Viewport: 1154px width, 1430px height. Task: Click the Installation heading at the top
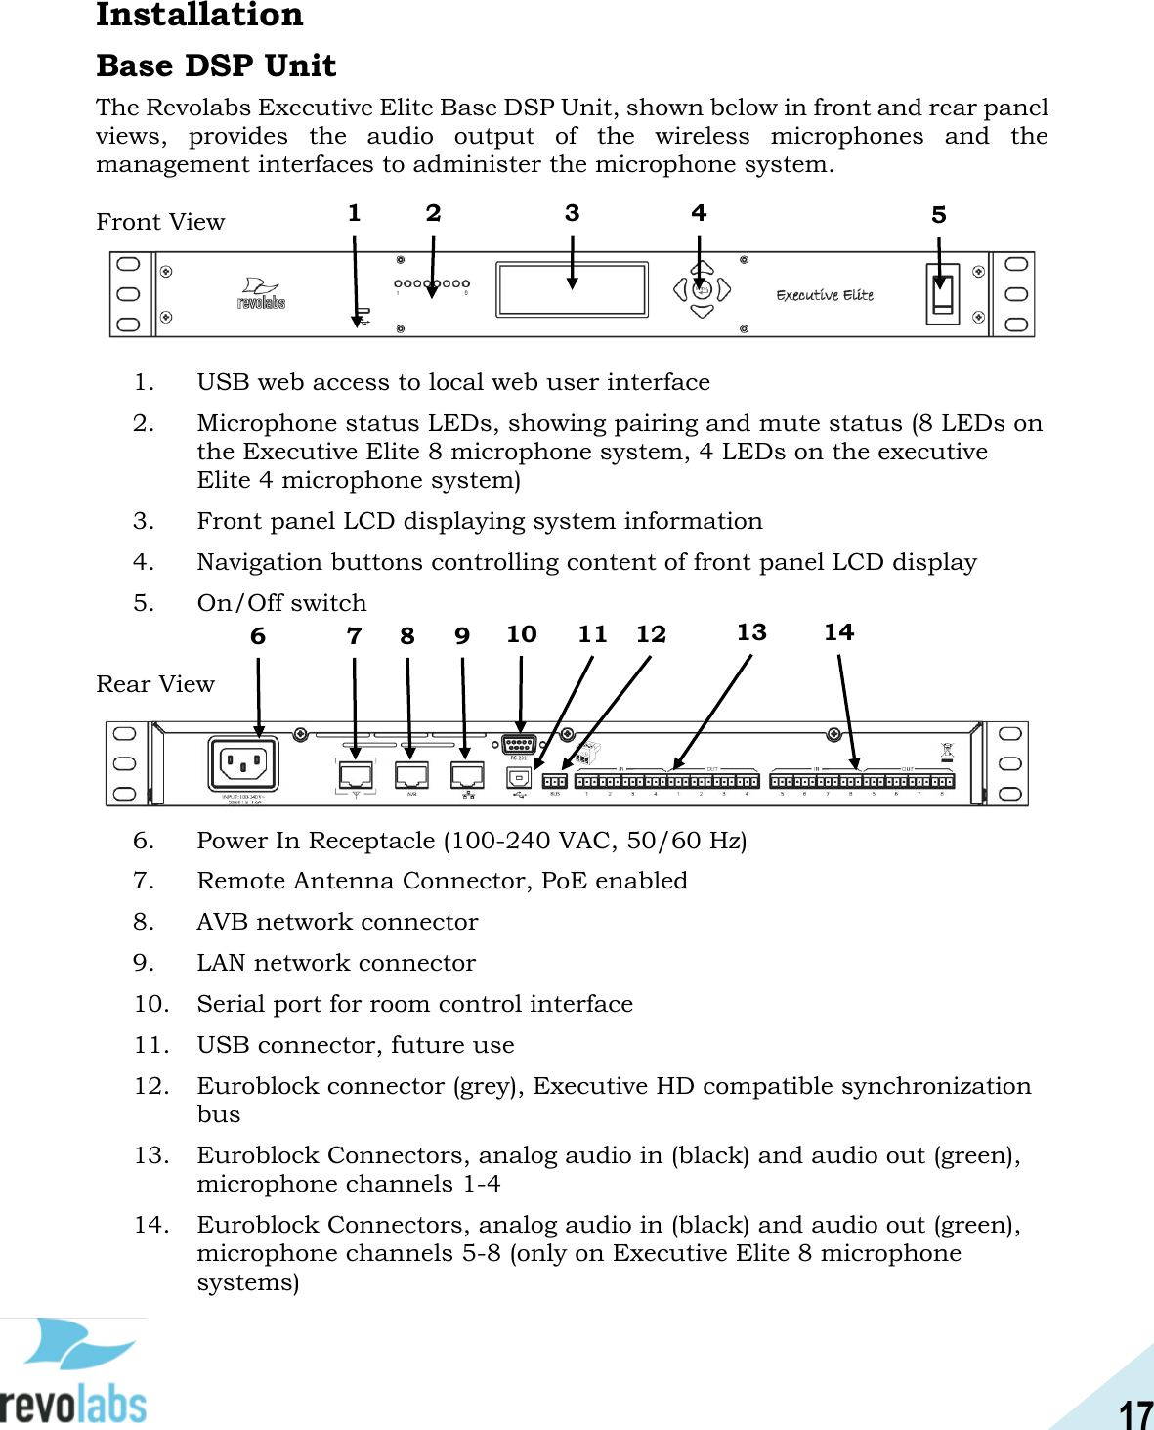199,15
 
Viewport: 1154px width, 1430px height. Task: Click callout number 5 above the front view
939,215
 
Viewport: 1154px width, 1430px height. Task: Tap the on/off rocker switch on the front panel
942,294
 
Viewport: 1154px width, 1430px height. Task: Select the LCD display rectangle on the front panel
572,289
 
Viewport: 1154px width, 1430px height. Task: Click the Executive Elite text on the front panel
825,295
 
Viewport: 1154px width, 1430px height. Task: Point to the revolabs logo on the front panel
261,293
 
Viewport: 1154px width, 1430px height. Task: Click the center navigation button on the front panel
701,289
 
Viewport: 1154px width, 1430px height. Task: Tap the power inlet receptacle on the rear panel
243,763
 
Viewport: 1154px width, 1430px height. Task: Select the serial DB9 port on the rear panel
519,745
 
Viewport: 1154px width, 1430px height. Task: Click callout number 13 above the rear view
751,632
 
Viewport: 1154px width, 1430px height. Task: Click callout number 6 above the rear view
258,636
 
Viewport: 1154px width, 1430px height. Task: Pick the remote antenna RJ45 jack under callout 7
356,775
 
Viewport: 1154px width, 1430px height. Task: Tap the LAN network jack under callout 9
468,775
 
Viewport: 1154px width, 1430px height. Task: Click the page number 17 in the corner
1135,1413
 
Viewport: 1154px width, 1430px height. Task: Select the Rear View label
155,684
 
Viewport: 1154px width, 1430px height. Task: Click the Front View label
160,222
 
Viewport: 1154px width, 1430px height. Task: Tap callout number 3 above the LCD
573,213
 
